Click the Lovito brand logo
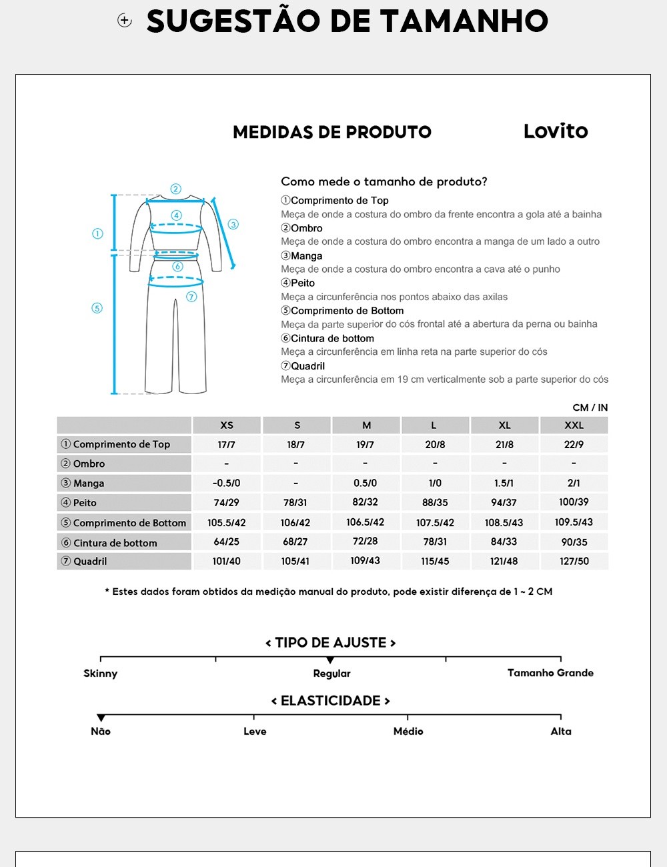point(555,131)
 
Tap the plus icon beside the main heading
point(125,21)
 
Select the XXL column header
point(574,425)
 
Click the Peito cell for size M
point(365,502)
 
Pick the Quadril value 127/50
point(574,562)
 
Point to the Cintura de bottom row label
point(115,543)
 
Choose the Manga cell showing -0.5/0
point(226,483)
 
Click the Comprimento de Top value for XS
point(226,444)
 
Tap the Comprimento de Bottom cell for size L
point(435,523)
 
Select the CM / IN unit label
point(590,407)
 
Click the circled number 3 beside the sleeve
point(233,224)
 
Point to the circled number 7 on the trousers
point(191,297)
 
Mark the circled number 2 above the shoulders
point(175,189)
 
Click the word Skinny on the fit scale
point(100,674)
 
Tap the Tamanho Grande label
point(550,673)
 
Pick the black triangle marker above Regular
point(330,660)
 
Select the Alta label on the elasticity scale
point(561,732)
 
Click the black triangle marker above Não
point(101,718)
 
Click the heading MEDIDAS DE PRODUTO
point(331,132)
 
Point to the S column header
point(297,425)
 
